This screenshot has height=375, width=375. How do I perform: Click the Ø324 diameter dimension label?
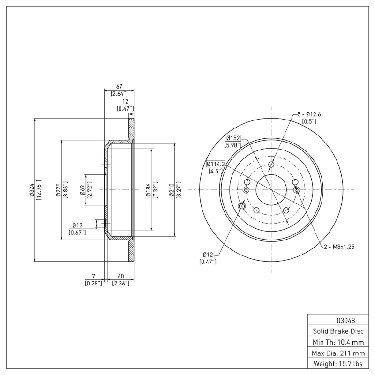(31, 190)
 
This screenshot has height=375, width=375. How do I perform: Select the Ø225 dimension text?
(58, 190)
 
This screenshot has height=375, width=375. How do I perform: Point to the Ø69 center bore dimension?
(82, 190)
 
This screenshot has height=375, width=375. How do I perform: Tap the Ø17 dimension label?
(77, 225)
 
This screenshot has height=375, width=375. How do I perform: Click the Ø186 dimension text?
(148, 190)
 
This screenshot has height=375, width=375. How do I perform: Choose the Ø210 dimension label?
(172, 190)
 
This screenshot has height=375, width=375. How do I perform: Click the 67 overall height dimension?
(119, 86)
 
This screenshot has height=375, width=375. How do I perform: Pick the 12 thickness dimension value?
(125, 102)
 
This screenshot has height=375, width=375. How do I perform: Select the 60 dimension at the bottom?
(120, 276)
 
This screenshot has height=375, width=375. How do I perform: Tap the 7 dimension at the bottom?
(94, 276)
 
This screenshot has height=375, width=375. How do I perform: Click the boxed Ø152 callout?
(233, 138)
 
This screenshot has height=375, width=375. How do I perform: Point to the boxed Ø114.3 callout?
(216, 164)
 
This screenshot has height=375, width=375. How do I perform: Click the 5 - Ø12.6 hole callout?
(309, 114)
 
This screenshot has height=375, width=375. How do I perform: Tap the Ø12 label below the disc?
(208, 254)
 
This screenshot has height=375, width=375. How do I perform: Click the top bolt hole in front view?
(271, 165)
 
